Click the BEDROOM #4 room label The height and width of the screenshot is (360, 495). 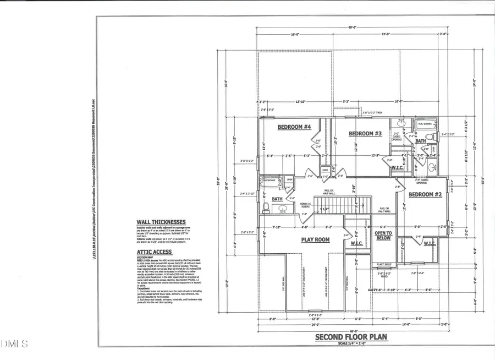coord(294,127)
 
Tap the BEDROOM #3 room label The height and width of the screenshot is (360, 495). coord(365,134)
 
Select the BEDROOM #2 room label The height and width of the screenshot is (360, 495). coord(423,194)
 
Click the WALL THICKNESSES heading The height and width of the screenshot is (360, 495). coord(162,223)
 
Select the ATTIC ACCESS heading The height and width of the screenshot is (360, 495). coord(154,252)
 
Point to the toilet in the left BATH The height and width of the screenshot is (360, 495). coord(266,207)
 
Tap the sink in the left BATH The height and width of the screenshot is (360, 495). coord(284,209)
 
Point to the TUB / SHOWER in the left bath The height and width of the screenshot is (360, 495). coord(268,181)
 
